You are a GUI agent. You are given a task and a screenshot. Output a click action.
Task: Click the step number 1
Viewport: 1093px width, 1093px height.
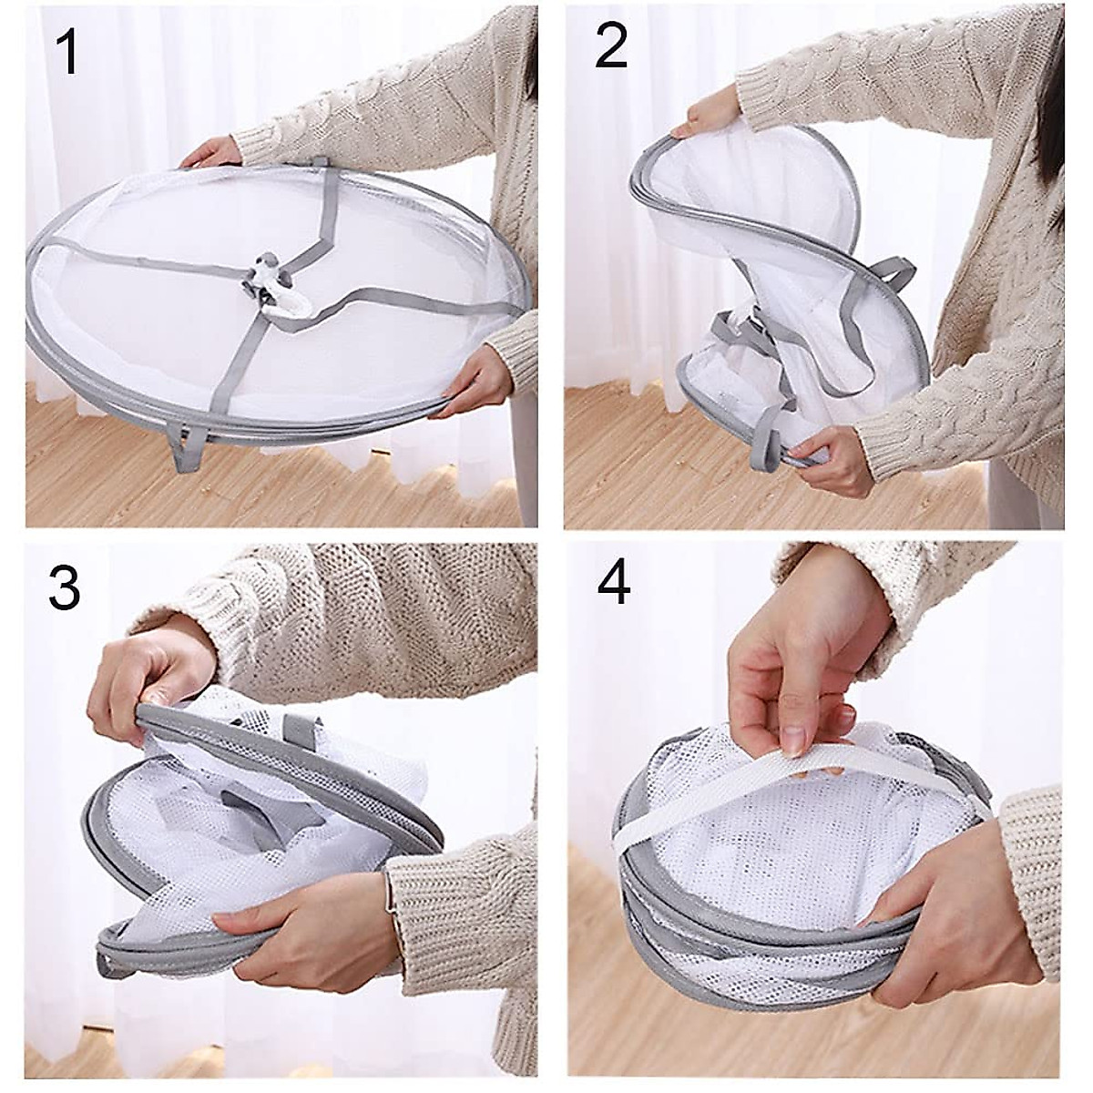coord(67,54)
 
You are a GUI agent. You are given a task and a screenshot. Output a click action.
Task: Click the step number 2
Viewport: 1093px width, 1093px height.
coord(611,47)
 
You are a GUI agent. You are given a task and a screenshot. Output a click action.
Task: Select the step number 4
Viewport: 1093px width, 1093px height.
coord(613,583)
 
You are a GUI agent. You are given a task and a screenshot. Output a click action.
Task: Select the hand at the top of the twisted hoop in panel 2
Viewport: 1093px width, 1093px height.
coord(715,115)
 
